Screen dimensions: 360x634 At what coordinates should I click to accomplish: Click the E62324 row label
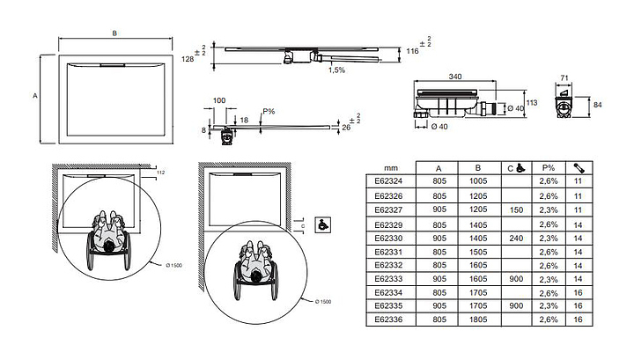point(388,180)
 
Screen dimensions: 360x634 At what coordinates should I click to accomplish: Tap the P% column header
point(548,166)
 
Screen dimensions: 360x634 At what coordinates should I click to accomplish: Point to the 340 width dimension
point(455,77)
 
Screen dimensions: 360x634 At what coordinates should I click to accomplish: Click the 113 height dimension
point(532,100)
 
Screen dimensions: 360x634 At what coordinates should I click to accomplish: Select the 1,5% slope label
point(336,70)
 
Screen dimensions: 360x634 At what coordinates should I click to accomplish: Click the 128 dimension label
point(188,59)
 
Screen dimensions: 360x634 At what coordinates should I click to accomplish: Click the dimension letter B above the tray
point(114,33)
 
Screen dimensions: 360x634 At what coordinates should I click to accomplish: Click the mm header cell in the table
point(388,166)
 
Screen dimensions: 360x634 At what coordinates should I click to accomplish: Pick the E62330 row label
point(388,237)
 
